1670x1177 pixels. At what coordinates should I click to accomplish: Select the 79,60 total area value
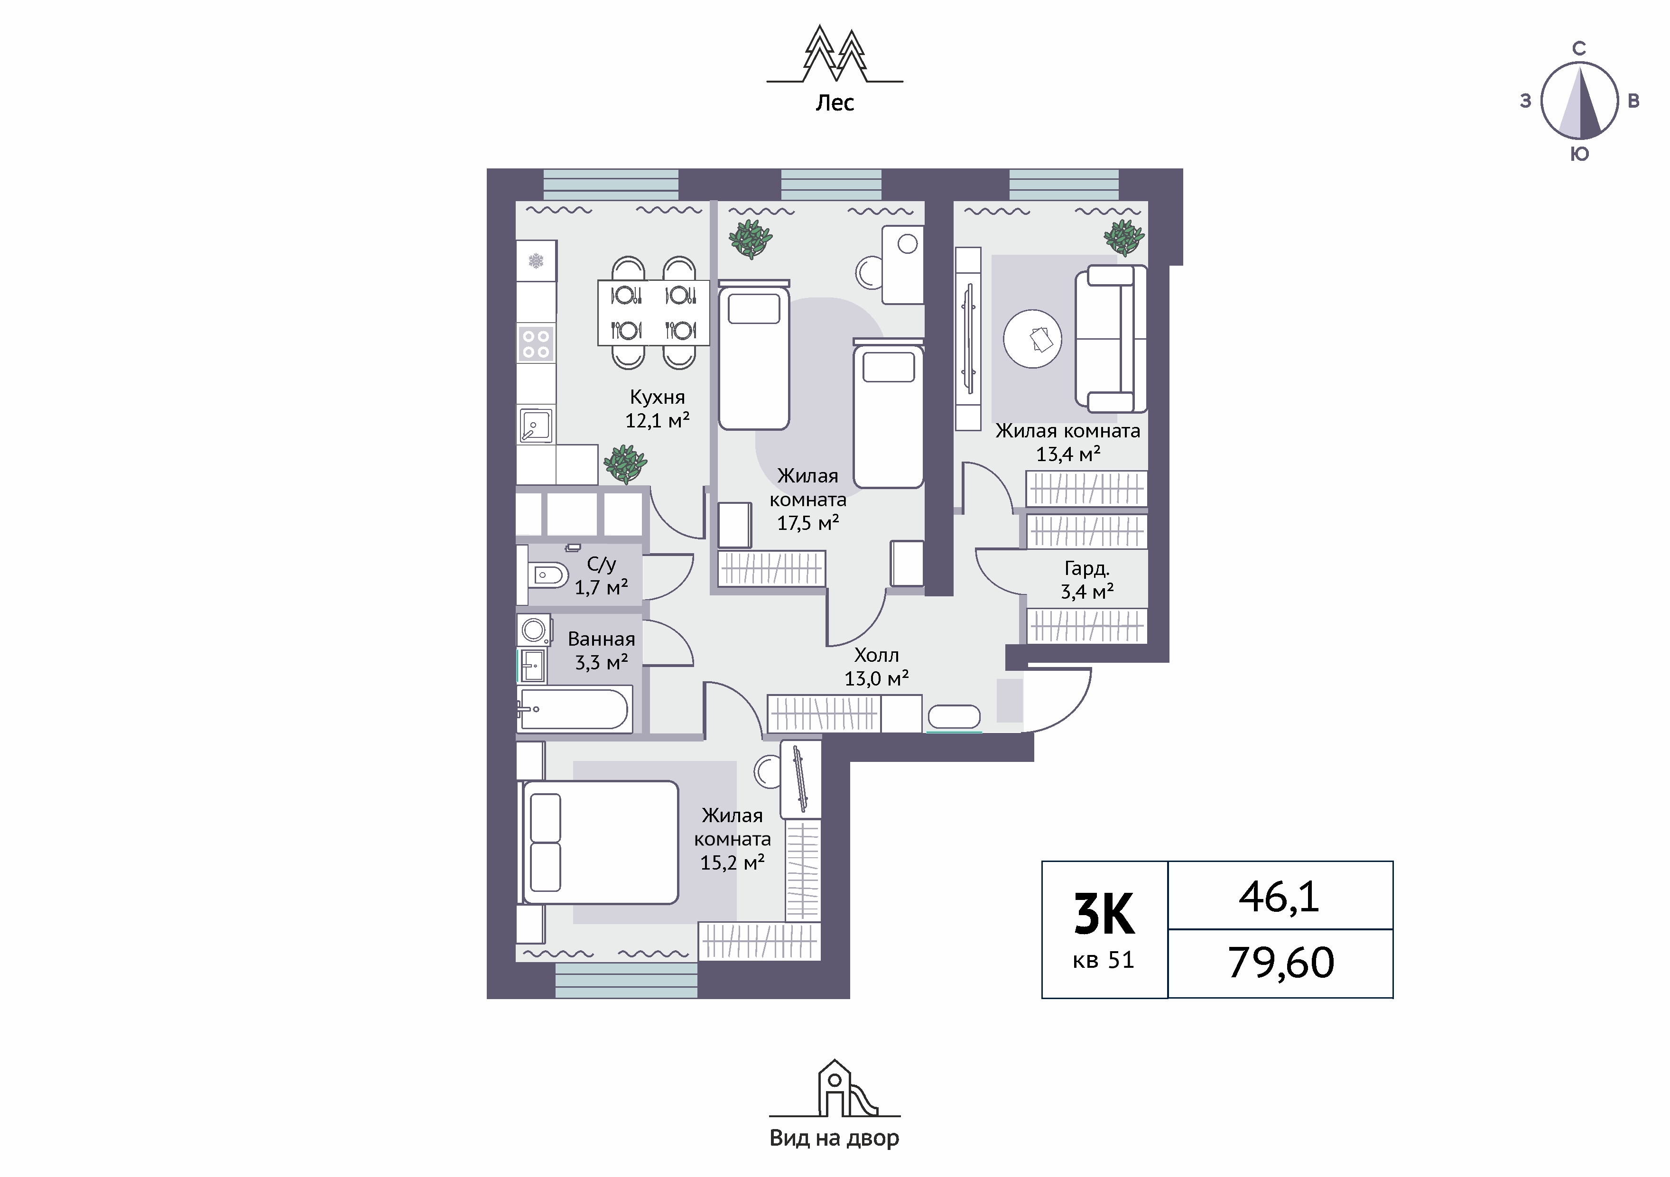(x=1281, y=963)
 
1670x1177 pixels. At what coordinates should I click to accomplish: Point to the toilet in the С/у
(x=547, y=576)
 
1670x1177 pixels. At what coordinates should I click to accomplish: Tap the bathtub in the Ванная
(x=573, y=709)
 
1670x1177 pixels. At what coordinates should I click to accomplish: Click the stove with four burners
(x=536, y=343)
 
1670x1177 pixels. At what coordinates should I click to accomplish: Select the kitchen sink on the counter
(x=536, y=426)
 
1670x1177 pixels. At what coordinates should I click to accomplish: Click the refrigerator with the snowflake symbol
(x=536, y=261)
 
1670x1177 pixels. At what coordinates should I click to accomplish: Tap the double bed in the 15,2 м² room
(x=600, y=843)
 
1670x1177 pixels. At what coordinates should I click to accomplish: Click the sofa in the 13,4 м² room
(x=1111, y=339)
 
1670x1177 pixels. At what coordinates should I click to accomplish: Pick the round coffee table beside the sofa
(x=1033, y=339)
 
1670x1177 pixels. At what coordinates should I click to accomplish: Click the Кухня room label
(x=658, y=397)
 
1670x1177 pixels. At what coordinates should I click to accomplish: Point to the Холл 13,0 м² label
(x=876, y=667)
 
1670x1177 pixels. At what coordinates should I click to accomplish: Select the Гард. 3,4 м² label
(x=1086, y=580)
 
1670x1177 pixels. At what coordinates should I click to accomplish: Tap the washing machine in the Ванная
(x=534, y=630)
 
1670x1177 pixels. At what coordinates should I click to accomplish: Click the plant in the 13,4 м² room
(x=1124, y=237)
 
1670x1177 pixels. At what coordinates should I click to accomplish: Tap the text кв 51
(x=1104, y=960)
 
